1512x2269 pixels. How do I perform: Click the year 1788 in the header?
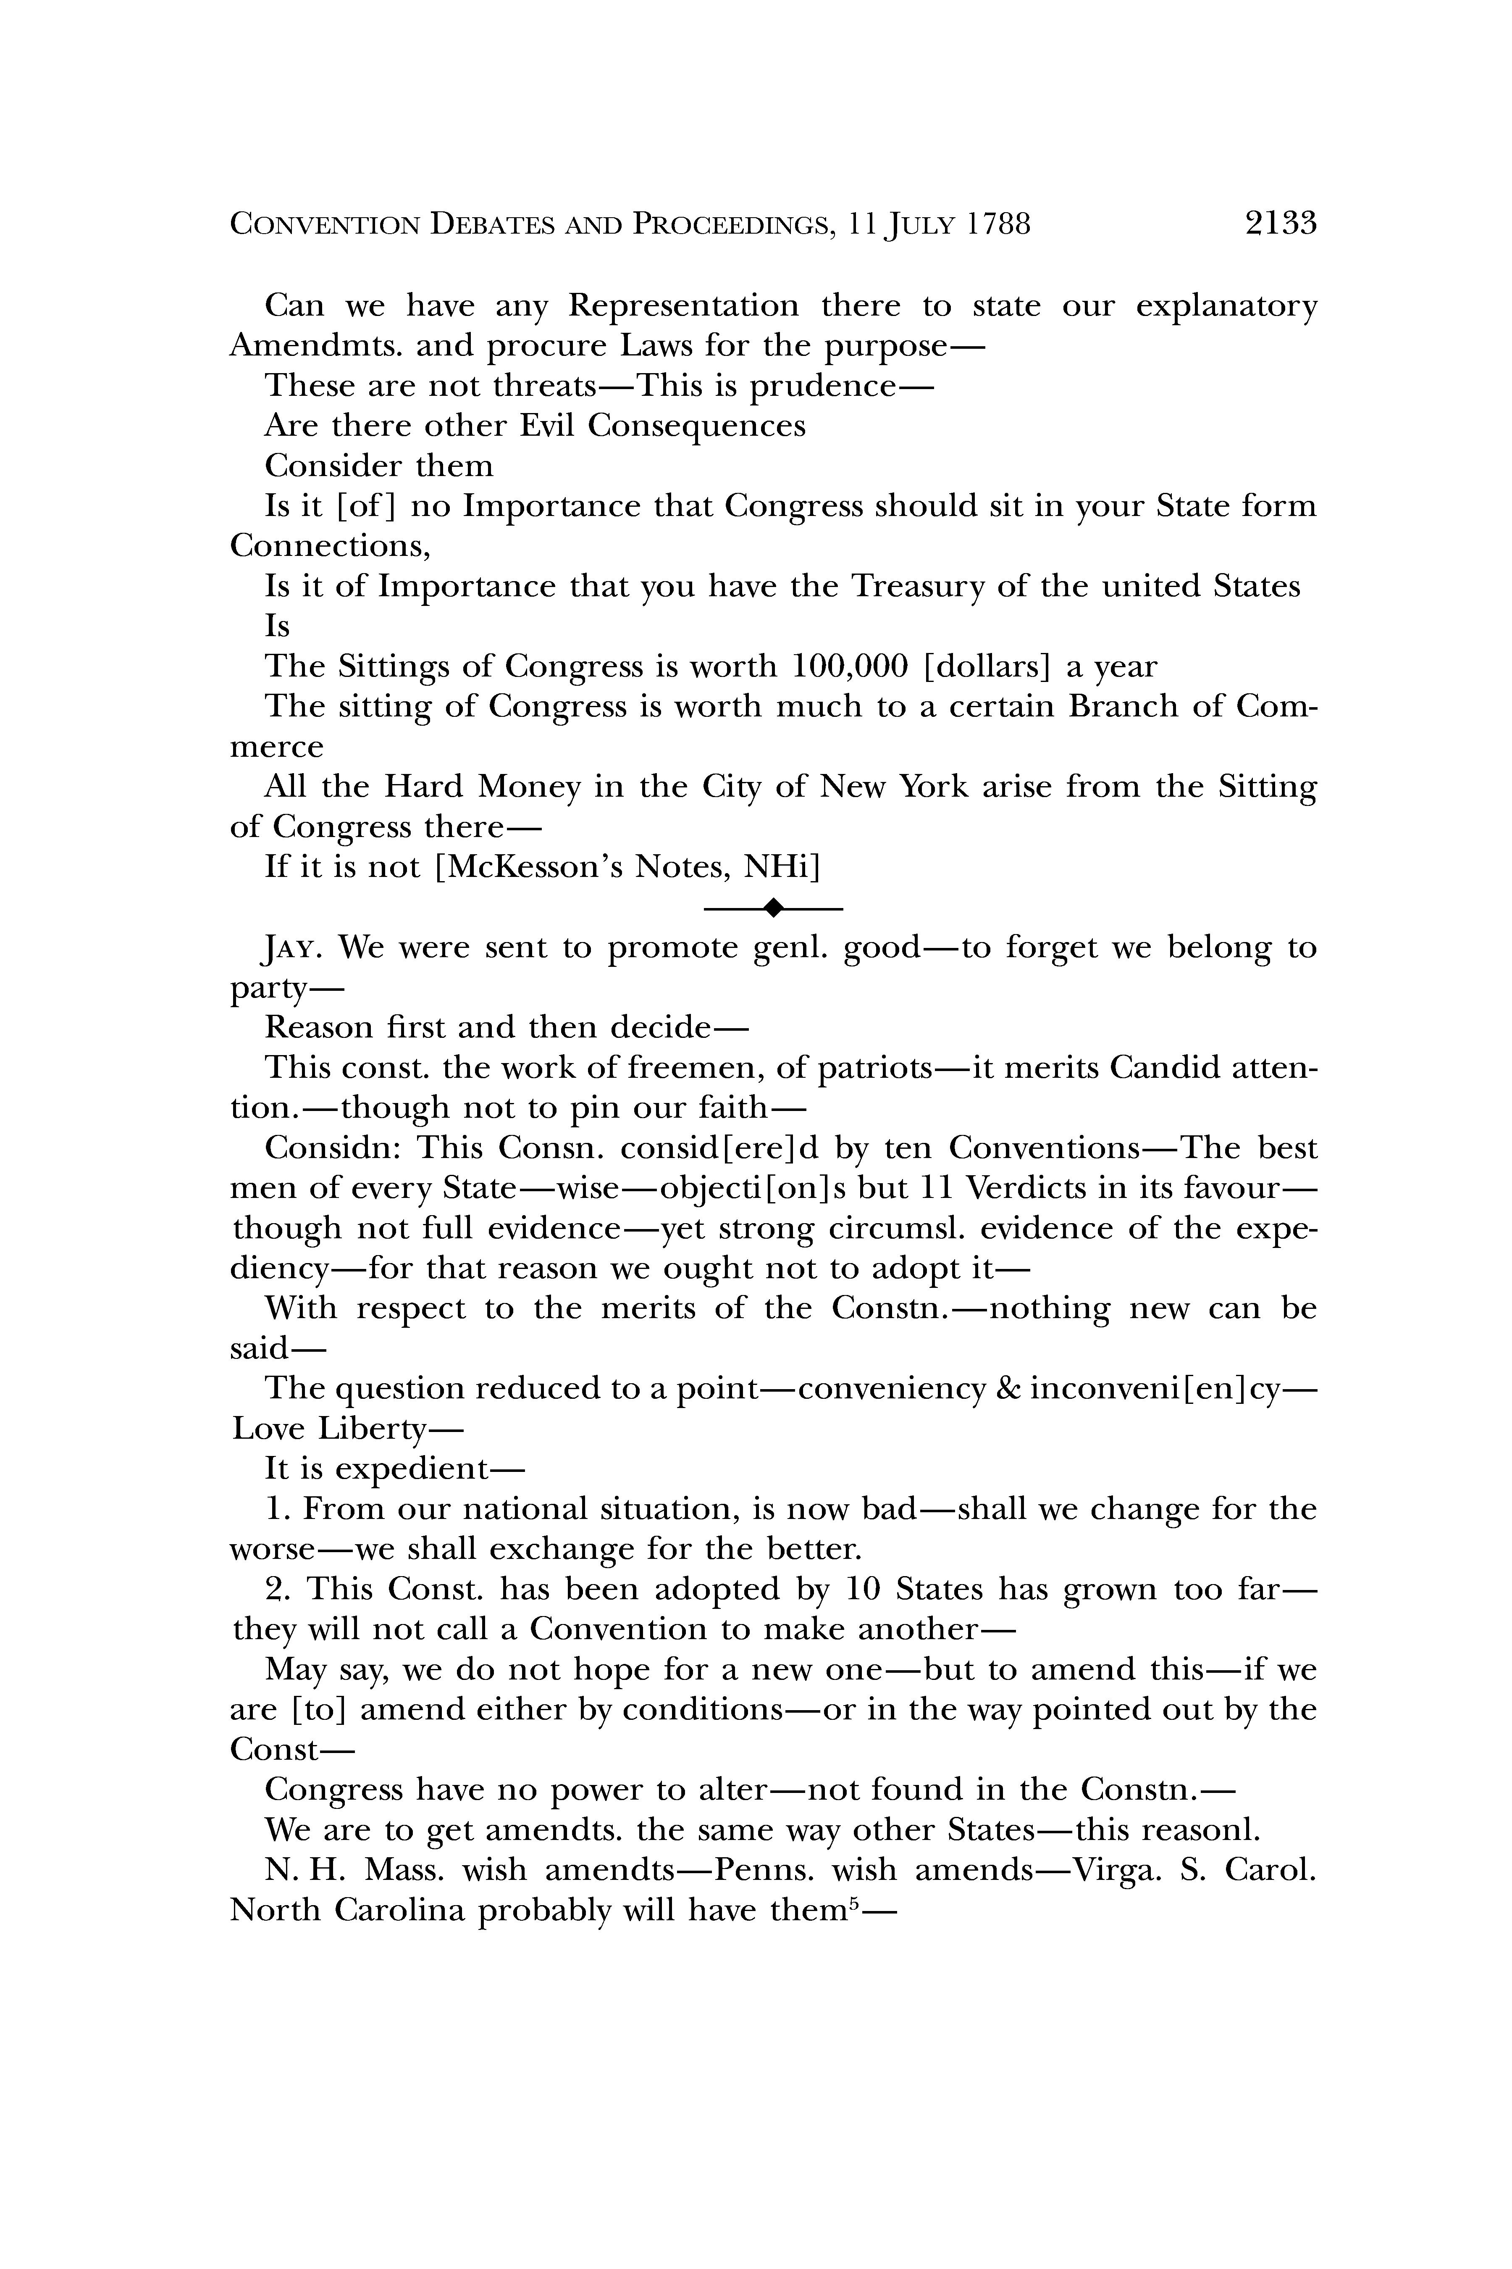pyautogui.click(x=999, y=225)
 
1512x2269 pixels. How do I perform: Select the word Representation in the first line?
pyautogui.click(x=683, y=306)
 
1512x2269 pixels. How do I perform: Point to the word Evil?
pyautogui.click(x=548, y=426)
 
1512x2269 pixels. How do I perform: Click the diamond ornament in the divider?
pyautogui.click(x=772, y=907)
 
